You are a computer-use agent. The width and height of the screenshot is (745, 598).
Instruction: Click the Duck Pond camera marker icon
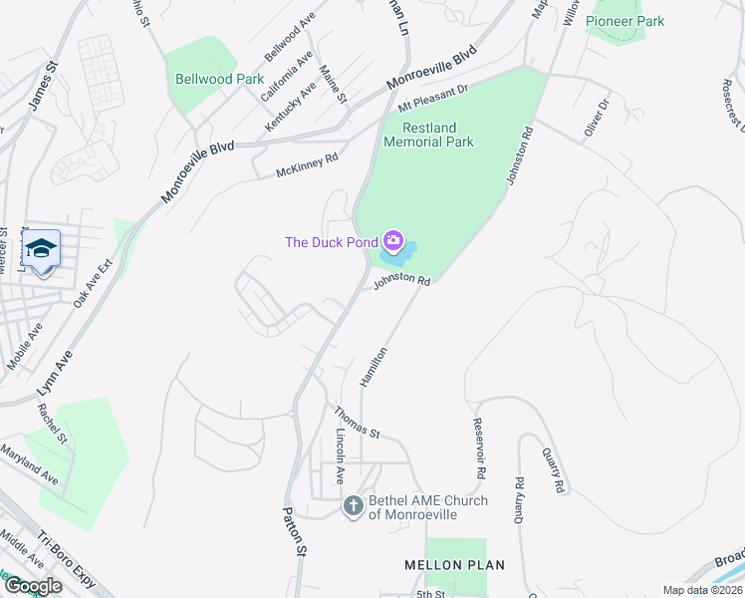pyautogui.click(x=394, y=241)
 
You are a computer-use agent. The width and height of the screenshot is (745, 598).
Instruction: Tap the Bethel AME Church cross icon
pyautogui.click(x=353, y=507)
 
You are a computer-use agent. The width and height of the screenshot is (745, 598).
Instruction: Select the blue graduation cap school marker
pyautogui.click(x=42, y=247)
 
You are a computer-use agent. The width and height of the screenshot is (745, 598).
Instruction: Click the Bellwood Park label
pyautogui.click(x=218, y=79)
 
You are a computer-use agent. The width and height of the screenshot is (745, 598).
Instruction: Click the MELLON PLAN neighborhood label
pyautogui.click(x=454, y=565)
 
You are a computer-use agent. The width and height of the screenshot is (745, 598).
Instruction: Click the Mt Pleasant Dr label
pyautogui.click(x=432, y=98)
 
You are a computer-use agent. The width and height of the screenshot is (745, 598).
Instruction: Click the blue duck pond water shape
pyautogui.click(x=398, y=257)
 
